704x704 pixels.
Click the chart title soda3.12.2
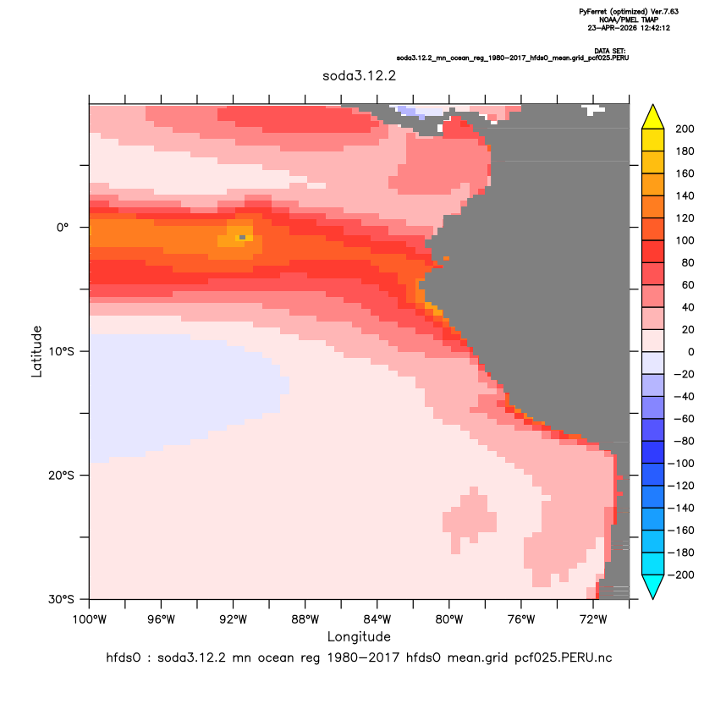point(359,76)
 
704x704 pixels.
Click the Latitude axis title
point(36,351)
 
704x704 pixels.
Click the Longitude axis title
point(359,636)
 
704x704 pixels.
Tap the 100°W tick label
point(90,620)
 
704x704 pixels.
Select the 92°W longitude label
point(234,620)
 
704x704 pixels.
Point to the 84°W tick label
point(377,620)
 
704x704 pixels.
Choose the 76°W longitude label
point(521,620)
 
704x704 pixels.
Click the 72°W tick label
point(593,620)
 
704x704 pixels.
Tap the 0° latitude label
point(63,228)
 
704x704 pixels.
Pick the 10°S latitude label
point(61,351)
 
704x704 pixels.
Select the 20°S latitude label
point(61,476)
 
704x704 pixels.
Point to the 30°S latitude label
point(61,599)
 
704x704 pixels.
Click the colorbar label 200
point(685,129)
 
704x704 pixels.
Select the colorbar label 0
point(691,352)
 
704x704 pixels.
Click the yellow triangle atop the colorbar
point(653,117)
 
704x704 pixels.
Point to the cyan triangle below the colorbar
point(653,586)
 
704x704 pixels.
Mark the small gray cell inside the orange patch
point(243,237)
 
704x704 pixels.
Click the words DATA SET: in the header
point(610,51)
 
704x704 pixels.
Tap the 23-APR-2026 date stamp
point(629,28)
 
